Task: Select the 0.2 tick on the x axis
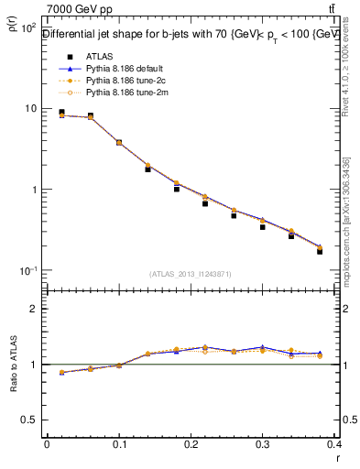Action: pos(191,445)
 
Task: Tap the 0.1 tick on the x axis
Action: pos(119,445)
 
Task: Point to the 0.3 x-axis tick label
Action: pos(263,445)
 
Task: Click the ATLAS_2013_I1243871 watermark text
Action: pos(191,274)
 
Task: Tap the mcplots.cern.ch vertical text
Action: pos(350,220)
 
